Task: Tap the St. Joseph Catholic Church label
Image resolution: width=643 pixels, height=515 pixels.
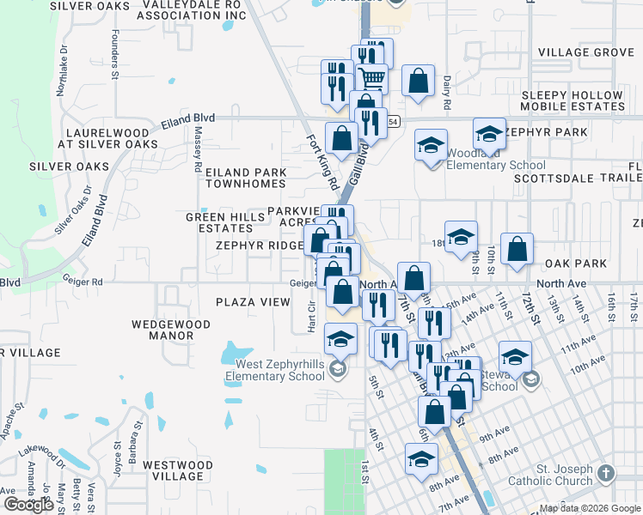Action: coord(563,481)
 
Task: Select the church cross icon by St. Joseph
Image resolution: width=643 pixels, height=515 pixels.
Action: coord(606,474)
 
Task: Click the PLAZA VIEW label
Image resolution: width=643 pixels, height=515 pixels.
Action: coord(253,302)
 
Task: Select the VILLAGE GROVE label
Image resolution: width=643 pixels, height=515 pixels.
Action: coord(585,52)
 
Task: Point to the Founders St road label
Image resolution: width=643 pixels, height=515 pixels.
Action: coord(115,57)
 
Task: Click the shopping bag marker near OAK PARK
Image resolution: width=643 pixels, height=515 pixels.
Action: coord(517,249)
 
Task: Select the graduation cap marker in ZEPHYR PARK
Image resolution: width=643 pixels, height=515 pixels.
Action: coord(489,134)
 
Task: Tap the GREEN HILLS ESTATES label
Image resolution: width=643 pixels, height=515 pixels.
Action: coord(225,223)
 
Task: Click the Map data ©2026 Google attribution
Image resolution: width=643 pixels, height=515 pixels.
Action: coord(589,508)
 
